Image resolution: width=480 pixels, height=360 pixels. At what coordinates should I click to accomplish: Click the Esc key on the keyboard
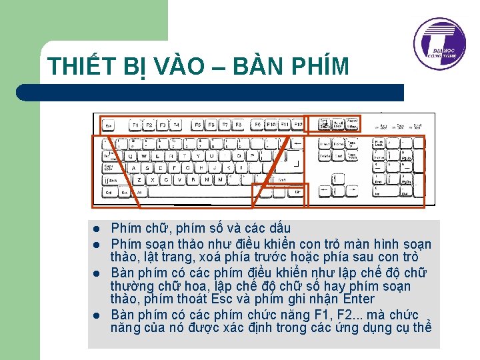click(x=109, y=125)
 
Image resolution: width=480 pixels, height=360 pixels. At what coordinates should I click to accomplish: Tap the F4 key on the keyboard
click(x=176, y=125)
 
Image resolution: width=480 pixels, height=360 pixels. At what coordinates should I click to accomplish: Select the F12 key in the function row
click(x=297, y=125)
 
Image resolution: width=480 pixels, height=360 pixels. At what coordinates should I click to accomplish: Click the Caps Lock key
click(x=109, y=168)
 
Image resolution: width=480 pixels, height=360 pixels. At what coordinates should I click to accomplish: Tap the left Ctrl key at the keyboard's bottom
click(x=109, y=192)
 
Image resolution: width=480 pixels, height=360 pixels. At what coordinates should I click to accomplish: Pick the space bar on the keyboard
click(x=200, y=192)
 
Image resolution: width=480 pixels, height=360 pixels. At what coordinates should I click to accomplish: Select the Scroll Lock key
click(x=337, y=125)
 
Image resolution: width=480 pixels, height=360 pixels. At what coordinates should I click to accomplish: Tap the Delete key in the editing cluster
click(x=324, y=156)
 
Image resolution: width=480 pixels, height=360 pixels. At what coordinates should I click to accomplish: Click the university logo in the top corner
click(x=439, y=44)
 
